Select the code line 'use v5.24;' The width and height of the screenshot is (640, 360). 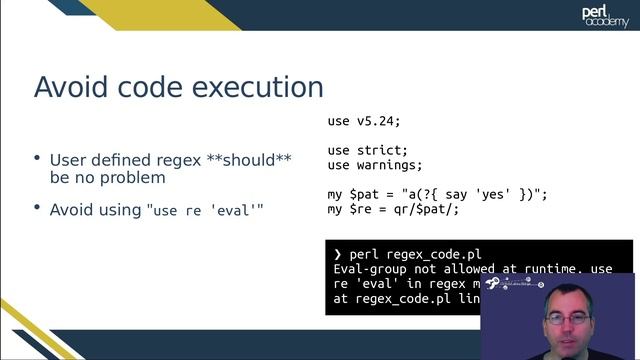[364, 121]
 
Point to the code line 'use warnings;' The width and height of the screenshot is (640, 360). [375, 165]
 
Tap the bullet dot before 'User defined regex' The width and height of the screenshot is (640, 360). [37, 158]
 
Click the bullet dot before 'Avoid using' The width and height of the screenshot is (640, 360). [37, 208]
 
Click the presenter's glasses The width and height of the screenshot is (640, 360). [568, 318]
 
